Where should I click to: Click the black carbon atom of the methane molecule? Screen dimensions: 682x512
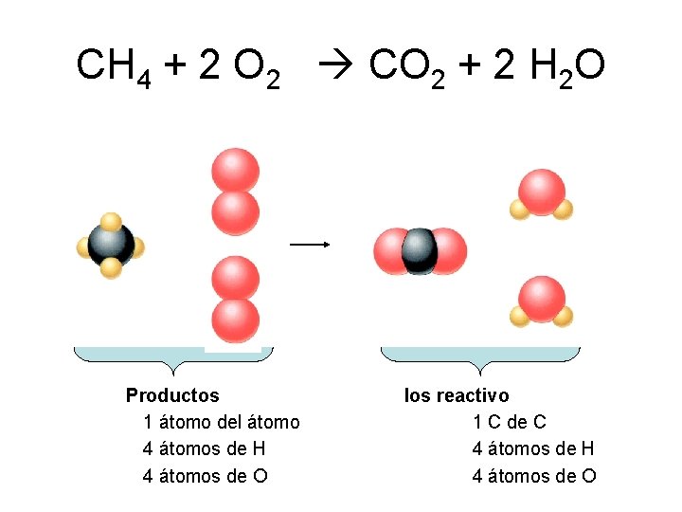click(x=111, y=245)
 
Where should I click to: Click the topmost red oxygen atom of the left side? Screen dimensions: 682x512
click(x=235, y=171)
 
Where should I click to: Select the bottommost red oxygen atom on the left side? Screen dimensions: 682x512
click(x=236, y=320)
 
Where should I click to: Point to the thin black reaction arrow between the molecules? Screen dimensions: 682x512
click(x=309, y=244)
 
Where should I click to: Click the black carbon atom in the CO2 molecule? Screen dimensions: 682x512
click(x=419, y=250)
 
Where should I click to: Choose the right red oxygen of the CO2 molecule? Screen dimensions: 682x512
click(x=448, y=250)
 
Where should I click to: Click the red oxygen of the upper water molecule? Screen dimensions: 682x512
click(x=542, y=191)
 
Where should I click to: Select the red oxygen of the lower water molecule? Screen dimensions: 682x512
click(x=542, y=298)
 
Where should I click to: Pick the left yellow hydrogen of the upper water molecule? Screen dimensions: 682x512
click(x=519, y=210)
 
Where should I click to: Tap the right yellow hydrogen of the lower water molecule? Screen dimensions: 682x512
click(x=564, y=316)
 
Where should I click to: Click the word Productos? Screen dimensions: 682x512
click(x=172, y=395)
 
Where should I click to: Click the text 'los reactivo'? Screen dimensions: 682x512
click(x=457, y=395)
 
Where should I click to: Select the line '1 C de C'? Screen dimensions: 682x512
click(x=510, y=422)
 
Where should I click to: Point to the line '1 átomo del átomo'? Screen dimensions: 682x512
click(x=221, y=422)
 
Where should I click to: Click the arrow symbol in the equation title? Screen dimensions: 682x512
click(x=332, y=67)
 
